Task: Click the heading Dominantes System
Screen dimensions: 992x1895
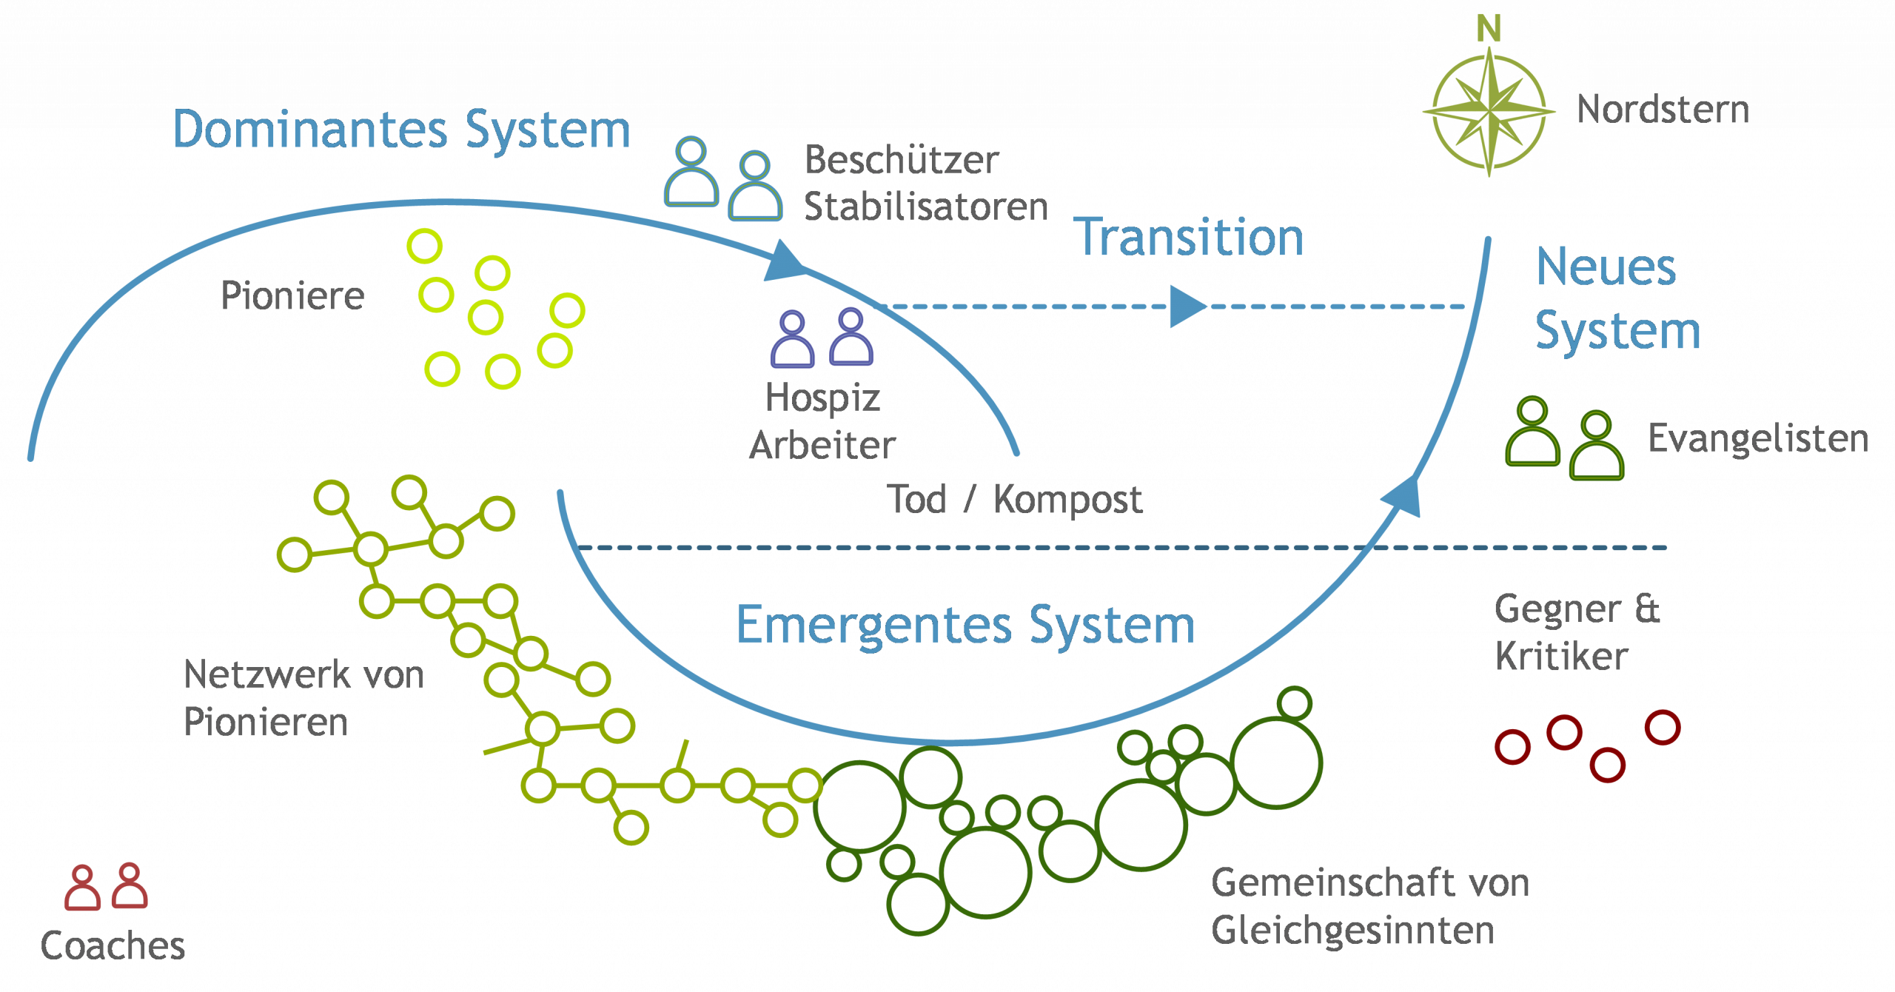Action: [401, 130]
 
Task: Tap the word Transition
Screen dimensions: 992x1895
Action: [1188, 238]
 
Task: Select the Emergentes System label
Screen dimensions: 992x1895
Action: [965, 626]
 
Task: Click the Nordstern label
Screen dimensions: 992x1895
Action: [1663, 110]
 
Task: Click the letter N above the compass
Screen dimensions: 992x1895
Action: [1489, 29]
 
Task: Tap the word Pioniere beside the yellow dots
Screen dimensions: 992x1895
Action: [292, 295]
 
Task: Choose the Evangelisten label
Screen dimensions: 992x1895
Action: [1758, 438]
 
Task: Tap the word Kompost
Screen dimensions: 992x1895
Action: [1067, 500]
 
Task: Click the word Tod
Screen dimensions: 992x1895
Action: [916, 499]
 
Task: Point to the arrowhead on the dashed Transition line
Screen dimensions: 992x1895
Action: [1187, 306]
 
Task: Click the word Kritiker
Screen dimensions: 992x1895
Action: [1561, 656]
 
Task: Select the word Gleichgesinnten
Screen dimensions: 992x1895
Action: [1352, 931]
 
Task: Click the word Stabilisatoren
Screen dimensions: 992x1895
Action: [926, 207]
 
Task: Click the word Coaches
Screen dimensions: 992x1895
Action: [113, 945]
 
